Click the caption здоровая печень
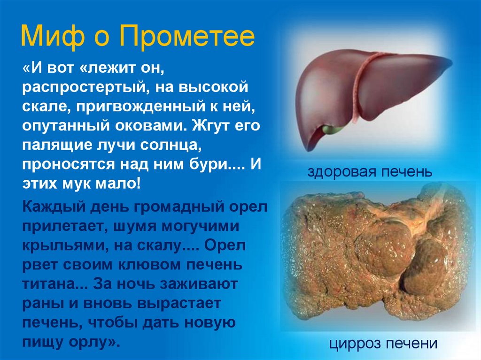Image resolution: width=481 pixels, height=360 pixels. (370, 172)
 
